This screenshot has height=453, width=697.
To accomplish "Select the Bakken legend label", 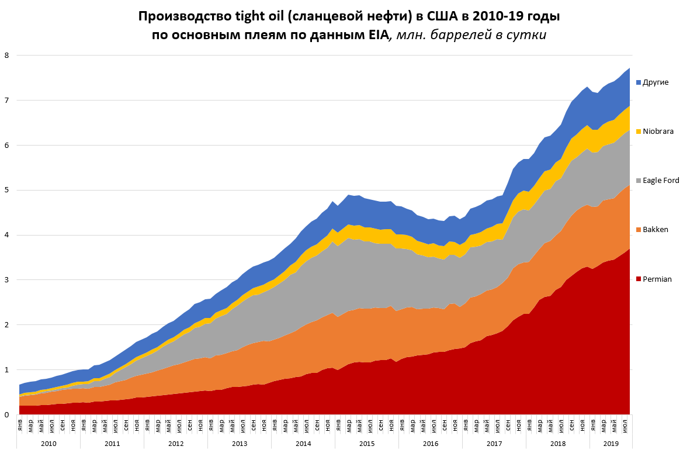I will [x=655, y=230].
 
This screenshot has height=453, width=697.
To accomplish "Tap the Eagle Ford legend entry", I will [x=661, y=181].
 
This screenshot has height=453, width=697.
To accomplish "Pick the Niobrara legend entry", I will [x=658, y=132].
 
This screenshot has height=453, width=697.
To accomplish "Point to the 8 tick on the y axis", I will [x=7, y=56].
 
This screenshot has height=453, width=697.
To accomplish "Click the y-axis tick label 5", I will [x=7, y=191].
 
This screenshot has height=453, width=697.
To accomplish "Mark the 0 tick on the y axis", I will [x=7, y=415].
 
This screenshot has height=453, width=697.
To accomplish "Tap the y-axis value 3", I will [x=7, y=280].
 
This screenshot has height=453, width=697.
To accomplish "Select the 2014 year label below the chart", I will [x=303, y=444].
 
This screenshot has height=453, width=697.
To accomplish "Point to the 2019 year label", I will [x=611, y=444].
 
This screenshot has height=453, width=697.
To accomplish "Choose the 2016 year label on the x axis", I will [x=431, y=444].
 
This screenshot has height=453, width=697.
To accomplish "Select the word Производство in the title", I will [x=182, y=16].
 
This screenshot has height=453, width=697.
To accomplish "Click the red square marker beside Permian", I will [x=639, y=279].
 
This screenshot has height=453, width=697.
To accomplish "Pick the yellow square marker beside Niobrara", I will [x=639, y=132].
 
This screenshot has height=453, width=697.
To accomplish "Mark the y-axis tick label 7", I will [x=7, y=101].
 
